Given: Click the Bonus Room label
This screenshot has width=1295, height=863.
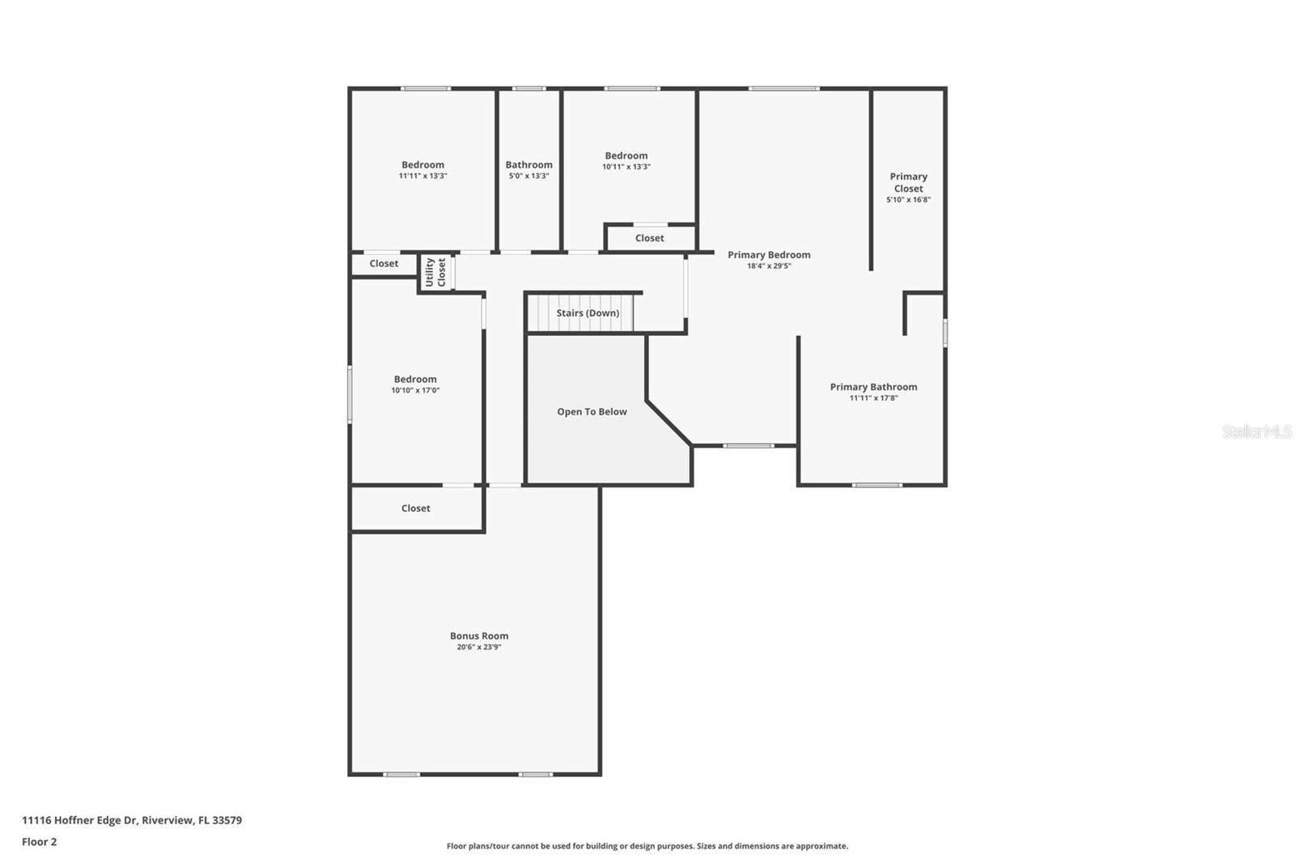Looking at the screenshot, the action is coord(479,636).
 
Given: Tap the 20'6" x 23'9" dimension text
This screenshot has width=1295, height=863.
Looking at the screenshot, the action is coord(479,647).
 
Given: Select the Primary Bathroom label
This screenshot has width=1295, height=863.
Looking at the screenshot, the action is coord(873,387).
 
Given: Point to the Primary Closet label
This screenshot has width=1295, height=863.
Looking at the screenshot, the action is coord(908,182).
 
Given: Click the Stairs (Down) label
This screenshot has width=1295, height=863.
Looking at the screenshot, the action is coord(588,313).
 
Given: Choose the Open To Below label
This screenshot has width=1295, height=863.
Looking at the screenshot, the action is coord(592,412).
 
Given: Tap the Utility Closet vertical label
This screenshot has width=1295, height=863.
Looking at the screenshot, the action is coord(435,272).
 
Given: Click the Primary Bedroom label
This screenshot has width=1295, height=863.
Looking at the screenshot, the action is coord(769,255).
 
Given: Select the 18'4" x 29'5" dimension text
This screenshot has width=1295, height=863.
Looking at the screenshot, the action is coord(769,266).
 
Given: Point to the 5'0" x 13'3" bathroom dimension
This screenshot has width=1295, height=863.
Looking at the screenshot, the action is coord(529,176).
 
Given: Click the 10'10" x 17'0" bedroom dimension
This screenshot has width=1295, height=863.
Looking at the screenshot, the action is coord(416,390).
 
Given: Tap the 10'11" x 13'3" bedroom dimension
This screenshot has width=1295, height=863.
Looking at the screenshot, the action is coord(626,167).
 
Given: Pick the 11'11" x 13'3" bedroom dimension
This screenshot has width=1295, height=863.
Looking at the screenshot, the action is coord(423,176).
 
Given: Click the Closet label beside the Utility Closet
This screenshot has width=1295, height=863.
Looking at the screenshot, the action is coord(384,264).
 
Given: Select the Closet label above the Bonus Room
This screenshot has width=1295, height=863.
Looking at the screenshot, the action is coord(416,508).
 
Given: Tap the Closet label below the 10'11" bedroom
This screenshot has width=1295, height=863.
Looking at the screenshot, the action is coord(650,238).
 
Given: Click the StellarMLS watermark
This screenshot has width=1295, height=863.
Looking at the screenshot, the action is coord(1257,431).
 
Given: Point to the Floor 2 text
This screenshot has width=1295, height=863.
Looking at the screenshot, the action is coord(40,842).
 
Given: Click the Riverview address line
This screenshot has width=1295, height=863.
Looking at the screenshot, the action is coord(132,820).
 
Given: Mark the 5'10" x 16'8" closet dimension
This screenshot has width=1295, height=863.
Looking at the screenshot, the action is coord(908,199).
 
